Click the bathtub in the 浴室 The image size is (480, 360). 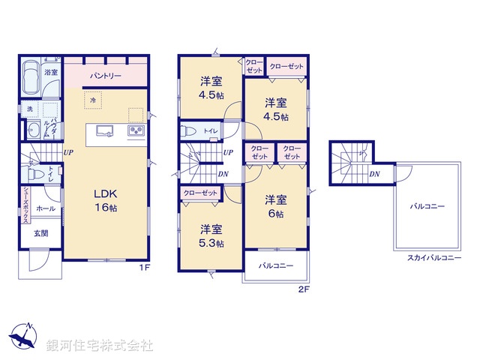click(x=31, y=76)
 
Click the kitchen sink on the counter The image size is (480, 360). click(x=104, y=132)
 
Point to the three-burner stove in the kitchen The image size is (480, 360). click(x=137, y=132)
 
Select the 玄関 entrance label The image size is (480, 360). click(x=40, y=233)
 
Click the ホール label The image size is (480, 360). click(x=45, y=207)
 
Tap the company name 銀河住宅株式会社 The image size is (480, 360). click(x=100, y=345)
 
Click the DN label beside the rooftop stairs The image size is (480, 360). click(x=373, y=174)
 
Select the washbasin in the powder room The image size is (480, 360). click(x=33, y=132)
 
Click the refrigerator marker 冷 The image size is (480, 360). click(x=93, y=100)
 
